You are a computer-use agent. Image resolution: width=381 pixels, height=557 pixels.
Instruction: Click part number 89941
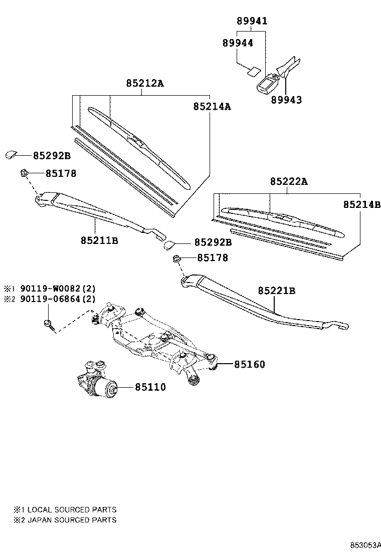coord(252,21)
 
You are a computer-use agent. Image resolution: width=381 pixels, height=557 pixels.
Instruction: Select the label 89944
coord(238,43)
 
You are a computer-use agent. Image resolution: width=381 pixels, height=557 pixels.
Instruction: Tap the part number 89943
coord(287,100)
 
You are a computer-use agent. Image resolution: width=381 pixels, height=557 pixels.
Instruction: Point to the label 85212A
coord(144,83)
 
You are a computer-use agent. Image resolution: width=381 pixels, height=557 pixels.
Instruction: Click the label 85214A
coord(212,106)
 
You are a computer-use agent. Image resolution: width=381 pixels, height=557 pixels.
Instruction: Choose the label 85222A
coord(288,181)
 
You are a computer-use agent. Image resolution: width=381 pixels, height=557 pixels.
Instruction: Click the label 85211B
coord(99,240)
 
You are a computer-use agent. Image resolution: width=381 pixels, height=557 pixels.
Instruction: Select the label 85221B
coord(277,291)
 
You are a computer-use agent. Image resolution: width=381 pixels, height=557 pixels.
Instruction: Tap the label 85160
coord(249,364)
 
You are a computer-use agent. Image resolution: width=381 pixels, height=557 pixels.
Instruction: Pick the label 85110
coord(149,387)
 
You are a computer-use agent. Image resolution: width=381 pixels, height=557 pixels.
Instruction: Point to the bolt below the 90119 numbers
coord(48,324)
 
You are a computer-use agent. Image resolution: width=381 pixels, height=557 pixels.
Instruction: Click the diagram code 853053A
coord(365,545)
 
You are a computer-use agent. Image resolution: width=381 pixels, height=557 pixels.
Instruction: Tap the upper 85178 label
coord(61,174)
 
